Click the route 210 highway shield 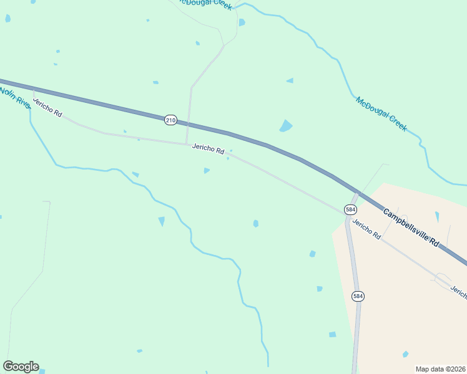tap(170, 120)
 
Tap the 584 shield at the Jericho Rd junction tap(350, 209)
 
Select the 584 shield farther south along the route tap(357, 295)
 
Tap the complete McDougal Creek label tap(381, 114)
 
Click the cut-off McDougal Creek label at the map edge tap(206, 4)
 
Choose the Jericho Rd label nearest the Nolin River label tap(48, 108)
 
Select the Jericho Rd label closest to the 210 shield tap(208, 149)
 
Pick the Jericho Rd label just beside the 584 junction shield tap(366, 229)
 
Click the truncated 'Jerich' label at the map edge tap(458, 292)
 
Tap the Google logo tap(21, 367)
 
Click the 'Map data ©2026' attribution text tap(440, 369)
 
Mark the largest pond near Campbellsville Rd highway tap(286, 126)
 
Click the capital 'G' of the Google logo tap(8, 367)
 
